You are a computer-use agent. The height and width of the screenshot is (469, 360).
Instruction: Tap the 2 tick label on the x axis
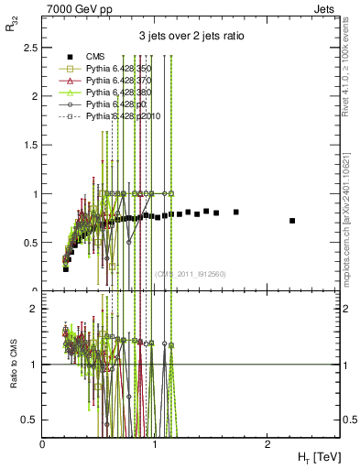coord(266,443)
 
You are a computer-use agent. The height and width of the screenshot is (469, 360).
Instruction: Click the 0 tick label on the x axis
coord(43,443)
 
